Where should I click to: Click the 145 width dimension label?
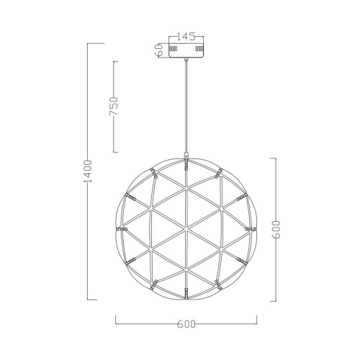pos(186,37)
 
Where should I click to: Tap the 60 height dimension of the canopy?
pos(160,50)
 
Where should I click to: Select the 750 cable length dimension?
pos(114,107)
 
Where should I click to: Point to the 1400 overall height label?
pos(88,171)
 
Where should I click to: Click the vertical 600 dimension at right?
pos(276,230)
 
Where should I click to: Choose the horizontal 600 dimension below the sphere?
pos(186,324)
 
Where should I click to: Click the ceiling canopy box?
pos(186,50)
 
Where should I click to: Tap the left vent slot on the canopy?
pos(173,48)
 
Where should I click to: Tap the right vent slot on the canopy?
pos(199,48)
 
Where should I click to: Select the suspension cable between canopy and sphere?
pos(186,107)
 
